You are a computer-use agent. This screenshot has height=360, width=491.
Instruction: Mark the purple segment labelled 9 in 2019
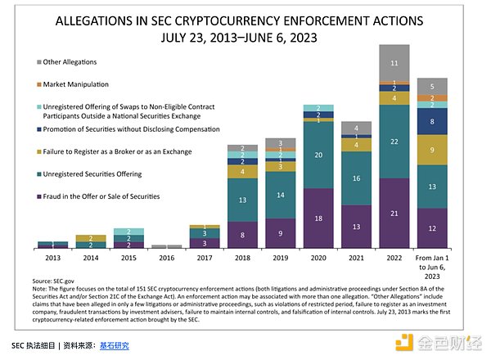coord(282,232)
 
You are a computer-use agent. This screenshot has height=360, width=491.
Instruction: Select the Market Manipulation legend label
coord(82,83)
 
